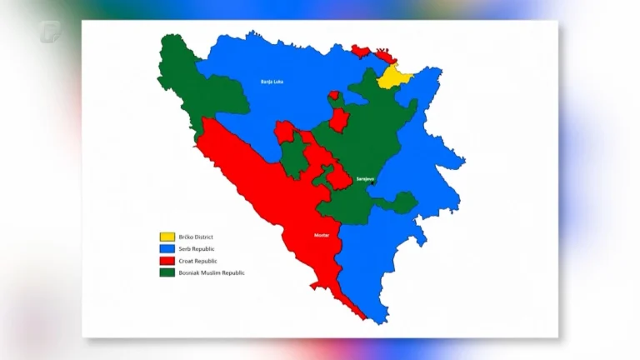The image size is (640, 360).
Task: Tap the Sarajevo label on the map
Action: pos(365,179)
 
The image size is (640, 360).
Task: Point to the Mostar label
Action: pos(322,236)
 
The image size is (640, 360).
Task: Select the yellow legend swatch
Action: pos(168,237)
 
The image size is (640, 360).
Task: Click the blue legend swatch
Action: pos(168,249)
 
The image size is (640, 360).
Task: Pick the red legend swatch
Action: pos(168,261)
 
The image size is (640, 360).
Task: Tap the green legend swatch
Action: pos(168,272)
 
